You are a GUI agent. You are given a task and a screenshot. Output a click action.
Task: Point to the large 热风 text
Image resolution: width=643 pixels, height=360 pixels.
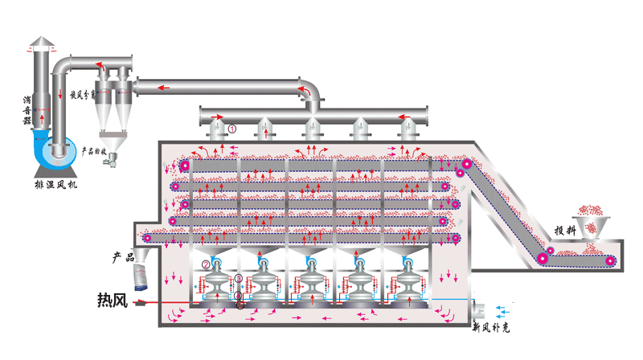[x=113, y=301]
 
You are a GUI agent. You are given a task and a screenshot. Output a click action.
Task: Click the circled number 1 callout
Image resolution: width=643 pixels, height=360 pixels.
[x=231, y=128]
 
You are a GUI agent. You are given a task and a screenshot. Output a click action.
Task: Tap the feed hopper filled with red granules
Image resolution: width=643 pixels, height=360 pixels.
[x=592, y=221]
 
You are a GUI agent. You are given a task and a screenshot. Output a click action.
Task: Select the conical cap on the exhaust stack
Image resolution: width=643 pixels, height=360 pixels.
[x=42, y=43]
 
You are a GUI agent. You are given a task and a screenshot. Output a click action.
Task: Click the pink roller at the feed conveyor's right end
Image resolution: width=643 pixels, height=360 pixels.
[x=609, y=260]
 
